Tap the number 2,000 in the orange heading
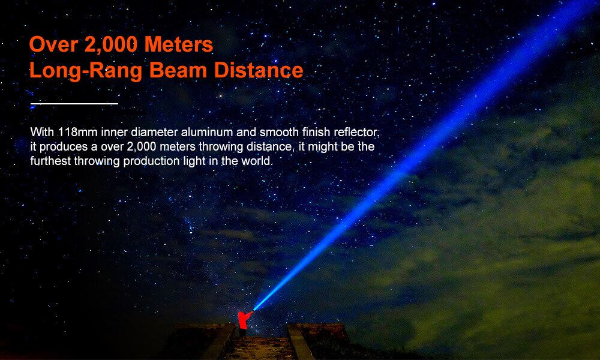[x=111, y=44]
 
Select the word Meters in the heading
[x=179, y=44]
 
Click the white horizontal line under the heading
[x=74, y=104]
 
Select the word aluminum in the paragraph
[x=206, y=133]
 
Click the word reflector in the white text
[x=356, y=133]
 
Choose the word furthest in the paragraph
[x=50, y=161]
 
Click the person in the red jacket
[x=243, y=323]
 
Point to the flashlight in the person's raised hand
[x=253, y=309]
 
